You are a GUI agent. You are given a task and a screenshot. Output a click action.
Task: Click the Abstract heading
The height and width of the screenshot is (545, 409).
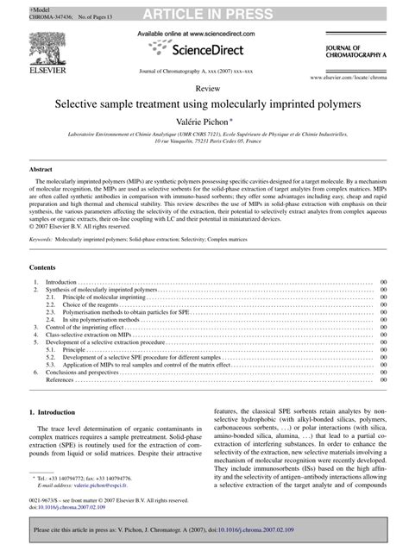pyautogui.click(x=41, y=169)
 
